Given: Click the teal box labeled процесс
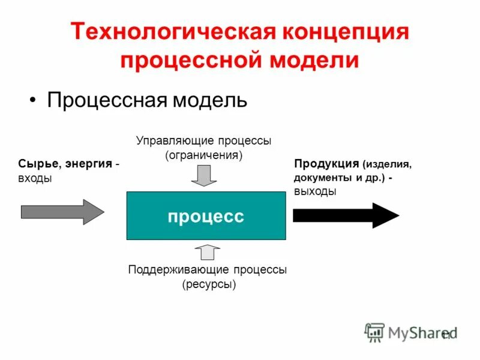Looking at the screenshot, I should pyautogui.click(x=206, y=216).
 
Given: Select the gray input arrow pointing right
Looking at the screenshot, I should pyautogui.click(x=62, y=212).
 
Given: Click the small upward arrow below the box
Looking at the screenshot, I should pyautogui.click(x=208, y=251).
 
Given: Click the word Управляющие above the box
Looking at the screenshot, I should pyautogui.click(x=167, y=141).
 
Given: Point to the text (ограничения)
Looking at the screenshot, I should pyautogui.click(x=205, y=155).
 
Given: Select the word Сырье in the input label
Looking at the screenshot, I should pyautogui.click(x=37, y=164).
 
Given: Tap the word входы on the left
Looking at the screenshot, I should pyautogui.click(x=35, y=178).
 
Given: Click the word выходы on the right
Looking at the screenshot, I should pyautogui.click(x=315, y=191).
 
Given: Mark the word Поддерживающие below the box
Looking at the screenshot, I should pyautogui.click(x=175, y=270).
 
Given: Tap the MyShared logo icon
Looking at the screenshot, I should pyautogui.click(x=375, y=332).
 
